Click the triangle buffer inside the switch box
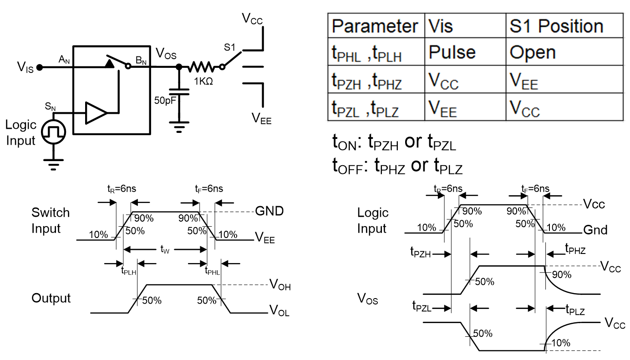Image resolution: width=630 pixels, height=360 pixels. pyautogui.click(x=96, y=113)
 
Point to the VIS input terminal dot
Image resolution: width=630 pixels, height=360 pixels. pyautogui.click(x=40, y=68)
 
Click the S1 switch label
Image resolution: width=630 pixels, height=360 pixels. pyautogui.click(x=230, y=47)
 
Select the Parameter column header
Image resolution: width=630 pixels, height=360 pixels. pyautogui.click(x=375, y=26)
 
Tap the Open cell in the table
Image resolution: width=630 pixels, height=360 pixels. pyautogui.click(x=533, y=52)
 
